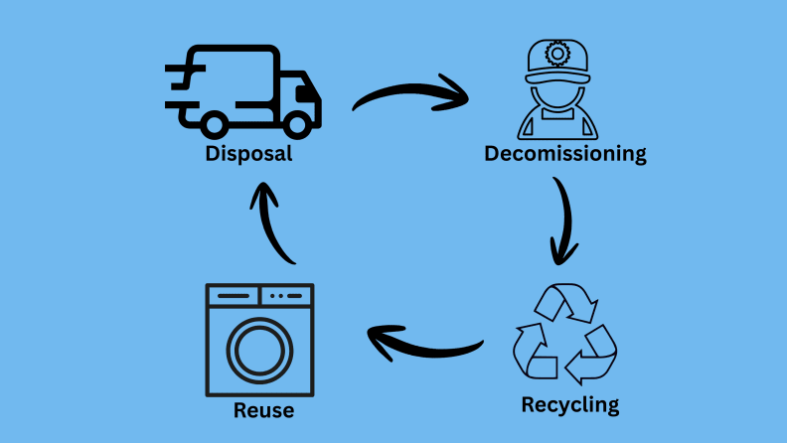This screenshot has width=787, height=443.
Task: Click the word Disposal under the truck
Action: point(248,154)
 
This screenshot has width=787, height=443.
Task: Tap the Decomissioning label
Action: point(565,154)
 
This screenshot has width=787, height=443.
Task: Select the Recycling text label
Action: point(569,405)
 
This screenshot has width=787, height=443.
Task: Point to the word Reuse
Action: point(263,410)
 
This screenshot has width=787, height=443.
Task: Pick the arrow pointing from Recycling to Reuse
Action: point(422,344)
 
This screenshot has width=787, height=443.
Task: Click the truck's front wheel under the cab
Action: point(295,125)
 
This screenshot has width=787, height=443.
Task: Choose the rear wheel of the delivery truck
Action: point(214,125)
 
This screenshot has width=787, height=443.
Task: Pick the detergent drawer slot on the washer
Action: point(234,296)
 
